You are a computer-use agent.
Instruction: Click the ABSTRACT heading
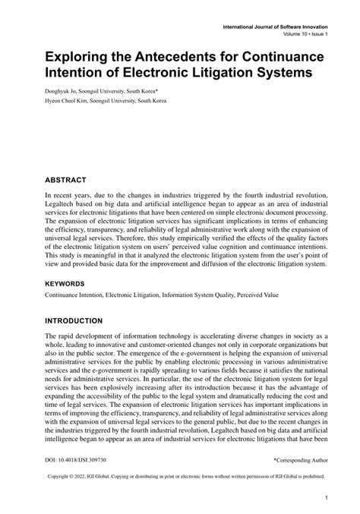pyautogui.click(x=65, y=180)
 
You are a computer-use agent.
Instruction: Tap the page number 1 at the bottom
pyautogui.click(x=325, y=499)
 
